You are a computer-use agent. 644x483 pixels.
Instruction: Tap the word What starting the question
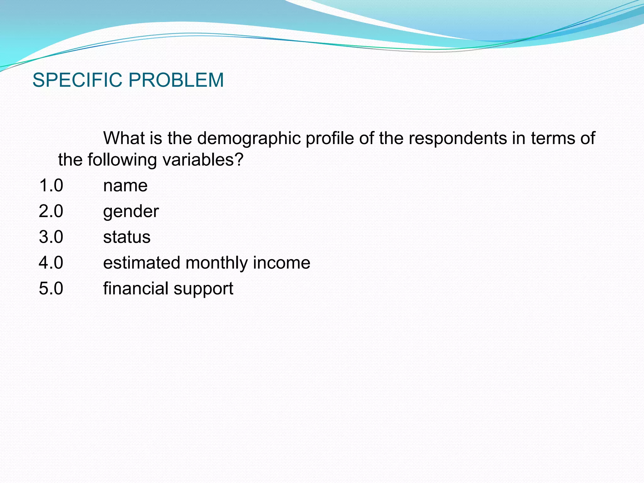pos(124,138)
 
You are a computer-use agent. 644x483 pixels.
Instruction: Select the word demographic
pos(249,139)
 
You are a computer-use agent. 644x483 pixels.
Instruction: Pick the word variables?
pos(203,160)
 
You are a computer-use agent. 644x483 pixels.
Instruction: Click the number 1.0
pos(51,185)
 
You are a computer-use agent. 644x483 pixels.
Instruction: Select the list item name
pos(125,186)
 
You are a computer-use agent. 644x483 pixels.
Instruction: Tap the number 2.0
pos(51,211)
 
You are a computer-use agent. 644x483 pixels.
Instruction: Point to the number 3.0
pos(51,237)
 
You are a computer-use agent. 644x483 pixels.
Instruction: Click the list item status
pos(127,237)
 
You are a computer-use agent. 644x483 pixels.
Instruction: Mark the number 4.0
pos(51,263)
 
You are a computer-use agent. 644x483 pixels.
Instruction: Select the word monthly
pos(217,263)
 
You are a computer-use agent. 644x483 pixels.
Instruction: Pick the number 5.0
pos(51,288)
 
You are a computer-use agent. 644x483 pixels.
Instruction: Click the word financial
pos(136,288)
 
